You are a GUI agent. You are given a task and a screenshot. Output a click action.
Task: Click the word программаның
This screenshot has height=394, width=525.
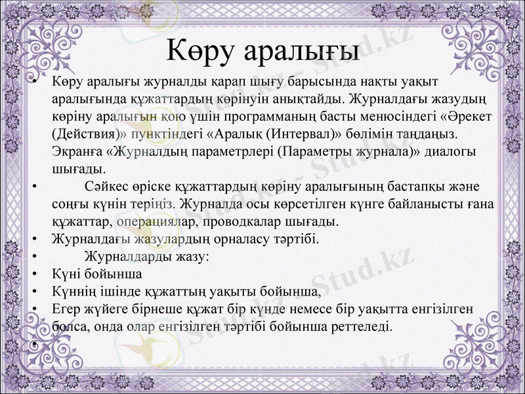click(257, 116)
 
